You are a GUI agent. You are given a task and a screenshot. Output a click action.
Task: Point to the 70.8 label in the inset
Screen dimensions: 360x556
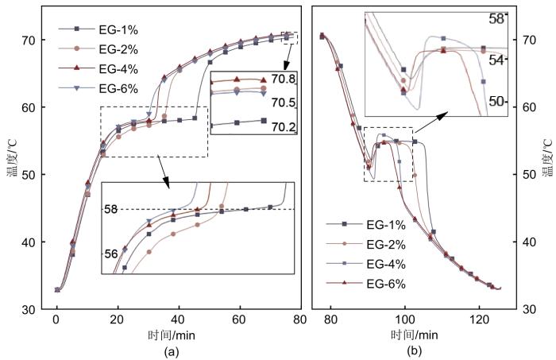click(x=284, y=79)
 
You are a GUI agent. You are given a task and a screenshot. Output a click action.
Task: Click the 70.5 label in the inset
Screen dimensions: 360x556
click(x=284, y=103)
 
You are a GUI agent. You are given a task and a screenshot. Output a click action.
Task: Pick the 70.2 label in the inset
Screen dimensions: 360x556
click(x=284, y=125)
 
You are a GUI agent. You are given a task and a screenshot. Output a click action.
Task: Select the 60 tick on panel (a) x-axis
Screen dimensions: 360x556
click(x=239, y=319)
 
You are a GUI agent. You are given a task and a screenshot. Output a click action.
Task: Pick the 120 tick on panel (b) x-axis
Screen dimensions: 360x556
click(x=478, y=319)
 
